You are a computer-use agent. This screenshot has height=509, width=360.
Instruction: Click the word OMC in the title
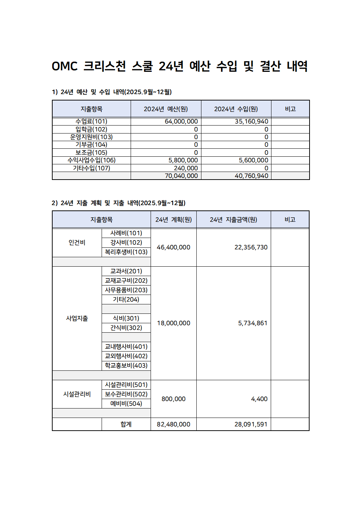65,66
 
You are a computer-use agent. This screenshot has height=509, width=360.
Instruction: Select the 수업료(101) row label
91,122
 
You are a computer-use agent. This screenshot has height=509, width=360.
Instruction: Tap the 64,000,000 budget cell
181,122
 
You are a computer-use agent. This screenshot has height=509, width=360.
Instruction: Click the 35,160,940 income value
251,122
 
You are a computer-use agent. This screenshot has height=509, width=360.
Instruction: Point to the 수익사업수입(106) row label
91,160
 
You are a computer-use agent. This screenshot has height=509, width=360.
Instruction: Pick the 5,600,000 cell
253,160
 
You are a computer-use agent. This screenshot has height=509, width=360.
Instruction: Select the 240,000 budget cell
186,168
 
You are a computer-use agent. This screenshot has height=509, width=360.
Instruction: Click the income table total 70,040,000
181,176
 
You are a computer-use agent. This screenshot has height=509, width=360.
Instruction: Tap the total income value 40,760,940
251,176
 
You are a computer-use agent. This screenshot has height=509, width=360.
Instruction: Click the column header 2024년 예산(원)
165,109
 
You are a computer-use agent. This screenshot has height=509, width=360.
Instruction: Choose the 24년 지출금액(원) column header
233,220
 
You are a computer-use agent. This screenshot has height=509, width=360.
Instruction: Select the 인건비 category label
77,243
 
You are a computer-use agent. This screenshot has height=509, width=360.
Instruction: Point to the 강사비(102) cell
126,243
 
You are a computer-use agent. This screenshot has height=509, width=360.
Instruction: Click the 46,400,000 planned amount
173,247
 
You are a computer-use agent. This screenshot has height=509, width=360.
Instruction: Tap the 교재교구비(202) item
126,281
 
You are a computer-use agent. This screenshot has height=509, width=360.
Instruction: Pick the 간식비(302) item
126,328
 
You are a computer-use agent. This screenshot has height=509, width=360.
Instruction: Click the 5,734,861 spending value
253,323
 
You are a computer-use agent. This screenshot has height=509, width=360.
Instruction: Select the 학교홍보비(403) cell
126,366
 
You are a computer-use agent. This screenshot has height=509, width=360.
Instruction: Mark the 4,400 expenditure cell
259,399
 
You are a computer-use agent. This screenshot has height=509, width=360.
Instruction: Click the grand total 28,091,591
251,424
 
